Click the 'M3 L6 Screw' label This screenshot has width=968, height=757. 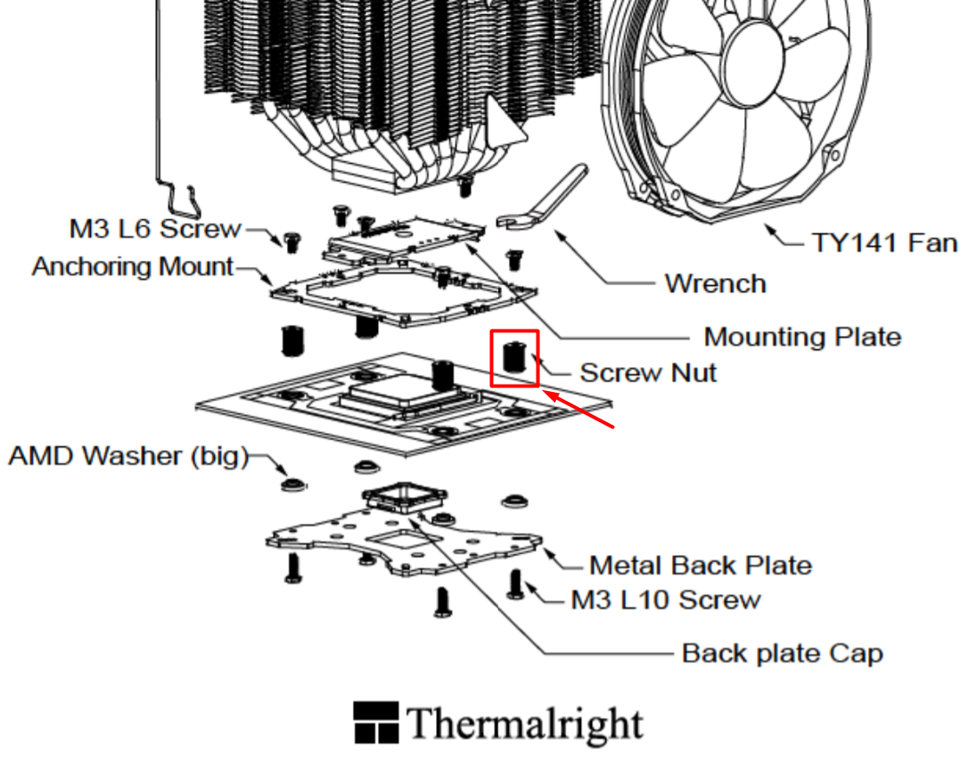pos(155,228)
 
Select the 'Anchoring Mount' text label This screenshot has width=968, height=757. pos(133,266)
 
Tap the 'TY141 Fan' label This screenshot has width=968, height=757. pos(884,242)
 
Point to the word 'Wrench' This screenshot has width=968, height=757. pos(716,284)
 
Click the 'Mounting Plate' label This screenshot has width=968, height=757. pos(802,337)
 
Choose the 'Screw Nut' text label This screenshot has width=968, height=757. pos(648,372)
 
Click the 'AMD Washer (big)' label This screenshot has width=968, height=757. pos(128,456)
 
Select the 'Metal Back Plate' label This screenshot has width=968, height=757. pos(701,566)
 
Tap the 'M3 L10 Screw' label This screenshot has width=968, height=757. pos(666,599)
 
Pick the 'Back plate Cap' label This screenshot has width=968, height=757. pos(783,654)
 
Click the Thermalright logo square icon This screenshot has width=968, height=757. pos(376,722)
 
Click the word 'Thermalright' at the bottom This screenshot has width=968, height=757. pos(525,724)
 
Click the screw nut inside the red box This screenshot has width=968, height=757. pos(513,357)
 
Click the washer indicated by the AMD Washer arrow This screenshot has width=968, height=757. pos(294,484)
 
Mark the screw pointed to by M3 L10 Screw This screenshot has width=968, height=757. pos(515,584)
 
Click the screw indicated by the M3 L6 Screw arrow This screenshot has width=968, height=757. pos(291,242)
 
